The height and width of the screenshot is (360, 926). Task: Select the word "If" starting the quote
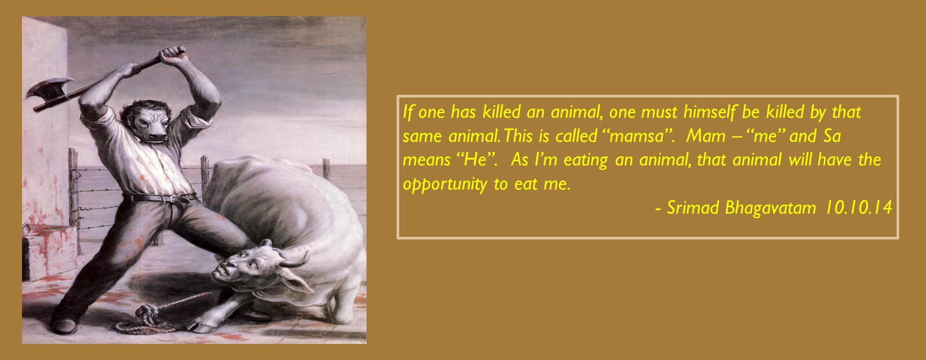pyautogui.click(x=408, y=112)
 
